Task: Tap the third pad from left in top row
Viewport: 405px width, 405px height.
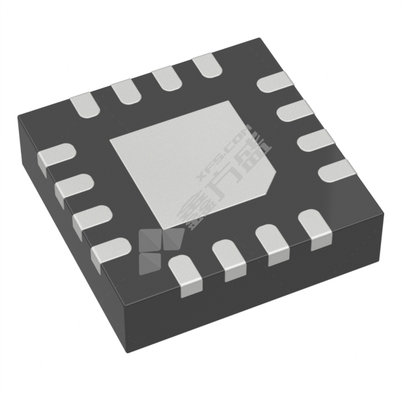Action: (x=165, y=78)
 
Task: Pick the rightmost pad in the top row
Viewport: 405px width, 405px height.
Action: (x=205, y=66)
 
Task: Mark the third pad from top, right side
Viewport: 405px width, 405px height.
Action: (x=317, y=140)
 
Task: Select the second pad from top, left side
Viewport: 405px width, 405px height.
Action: (x=73, y=188)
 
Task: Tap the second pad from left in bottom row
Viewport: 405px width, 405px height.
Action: (x=229, y=260)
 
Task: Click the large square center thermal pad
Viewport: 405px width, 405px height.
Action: (x=190, y=161)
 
